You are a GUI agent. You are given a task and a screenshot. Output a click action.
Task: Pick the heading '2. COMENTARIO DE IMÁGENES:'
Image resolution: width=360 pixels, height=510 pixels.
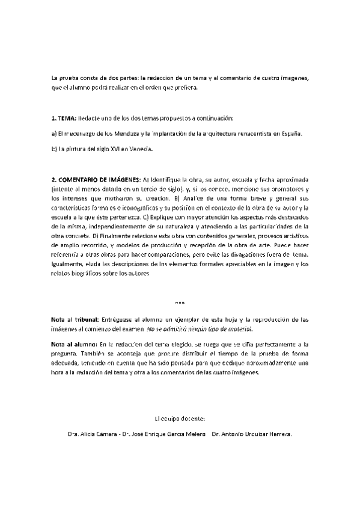click(x=96, y=180)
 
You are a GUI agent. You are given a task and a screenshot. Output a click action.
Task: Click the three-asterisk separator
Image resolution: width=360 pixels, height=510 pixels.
click(x=179, y=303)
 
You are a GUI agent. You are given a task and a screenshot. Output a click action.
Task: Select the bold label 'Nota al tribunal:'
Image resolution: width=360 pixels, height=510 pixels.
click(x=76, y=319)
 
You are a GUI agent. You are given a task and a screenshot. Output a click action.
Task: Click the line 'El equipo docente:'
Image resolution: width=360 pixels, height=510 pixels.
click(x=180, y=417)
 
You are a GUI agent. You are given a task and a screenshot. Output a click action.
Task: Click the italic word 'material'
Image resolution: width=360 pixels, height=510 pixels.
click(x=240, y=329)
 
